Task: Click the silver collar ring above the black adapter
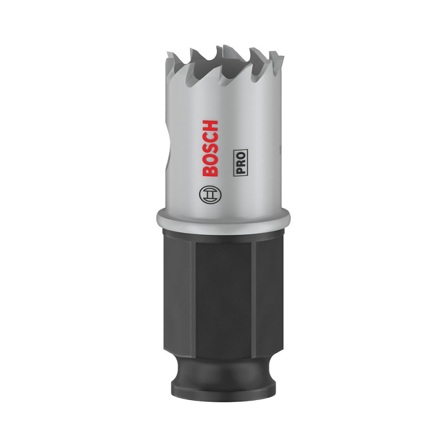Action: tap(223, 217)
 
